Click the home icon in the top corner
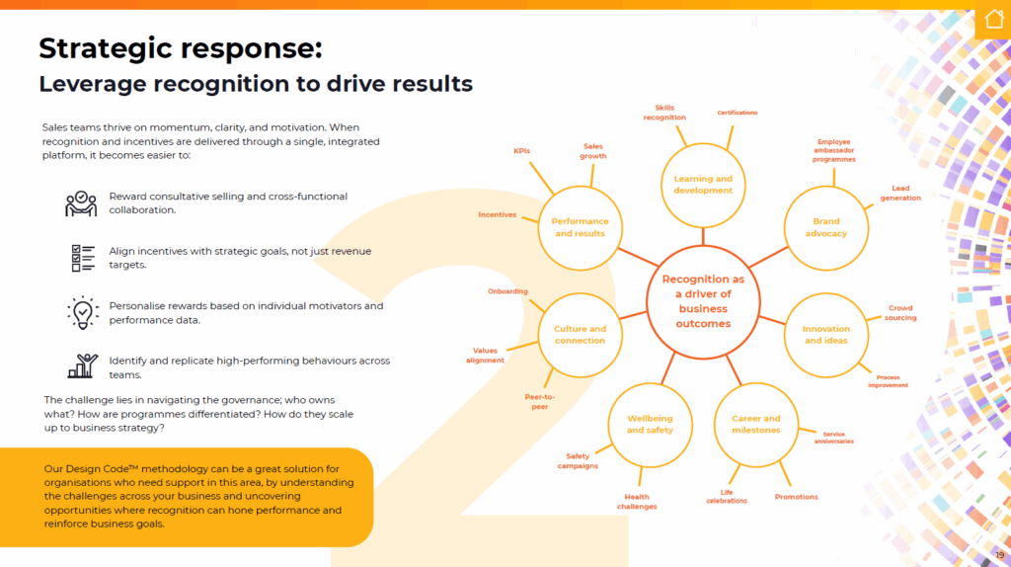coord(992,20)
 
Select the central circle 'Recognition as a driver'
coord(703,301)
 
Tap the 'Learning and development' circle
coord(703,185)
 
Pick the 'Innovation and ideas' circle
coord(826,334)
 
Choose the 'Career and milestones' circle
coord(755,425)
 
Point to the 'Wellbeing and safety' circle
coord(650,425)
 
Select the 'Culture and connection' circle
coord(580,334)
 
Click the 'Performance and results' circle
coord(580,227)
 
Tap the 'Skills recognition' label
coord(664,113)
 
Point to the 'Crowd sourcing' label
coord(899,313)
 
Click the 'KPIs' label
coord(521,151)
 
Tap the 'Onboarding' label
coord(507,291)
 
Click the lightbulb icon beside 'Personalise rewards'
coord(82,312)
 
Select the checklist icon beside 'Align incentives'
coord(82,258)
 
